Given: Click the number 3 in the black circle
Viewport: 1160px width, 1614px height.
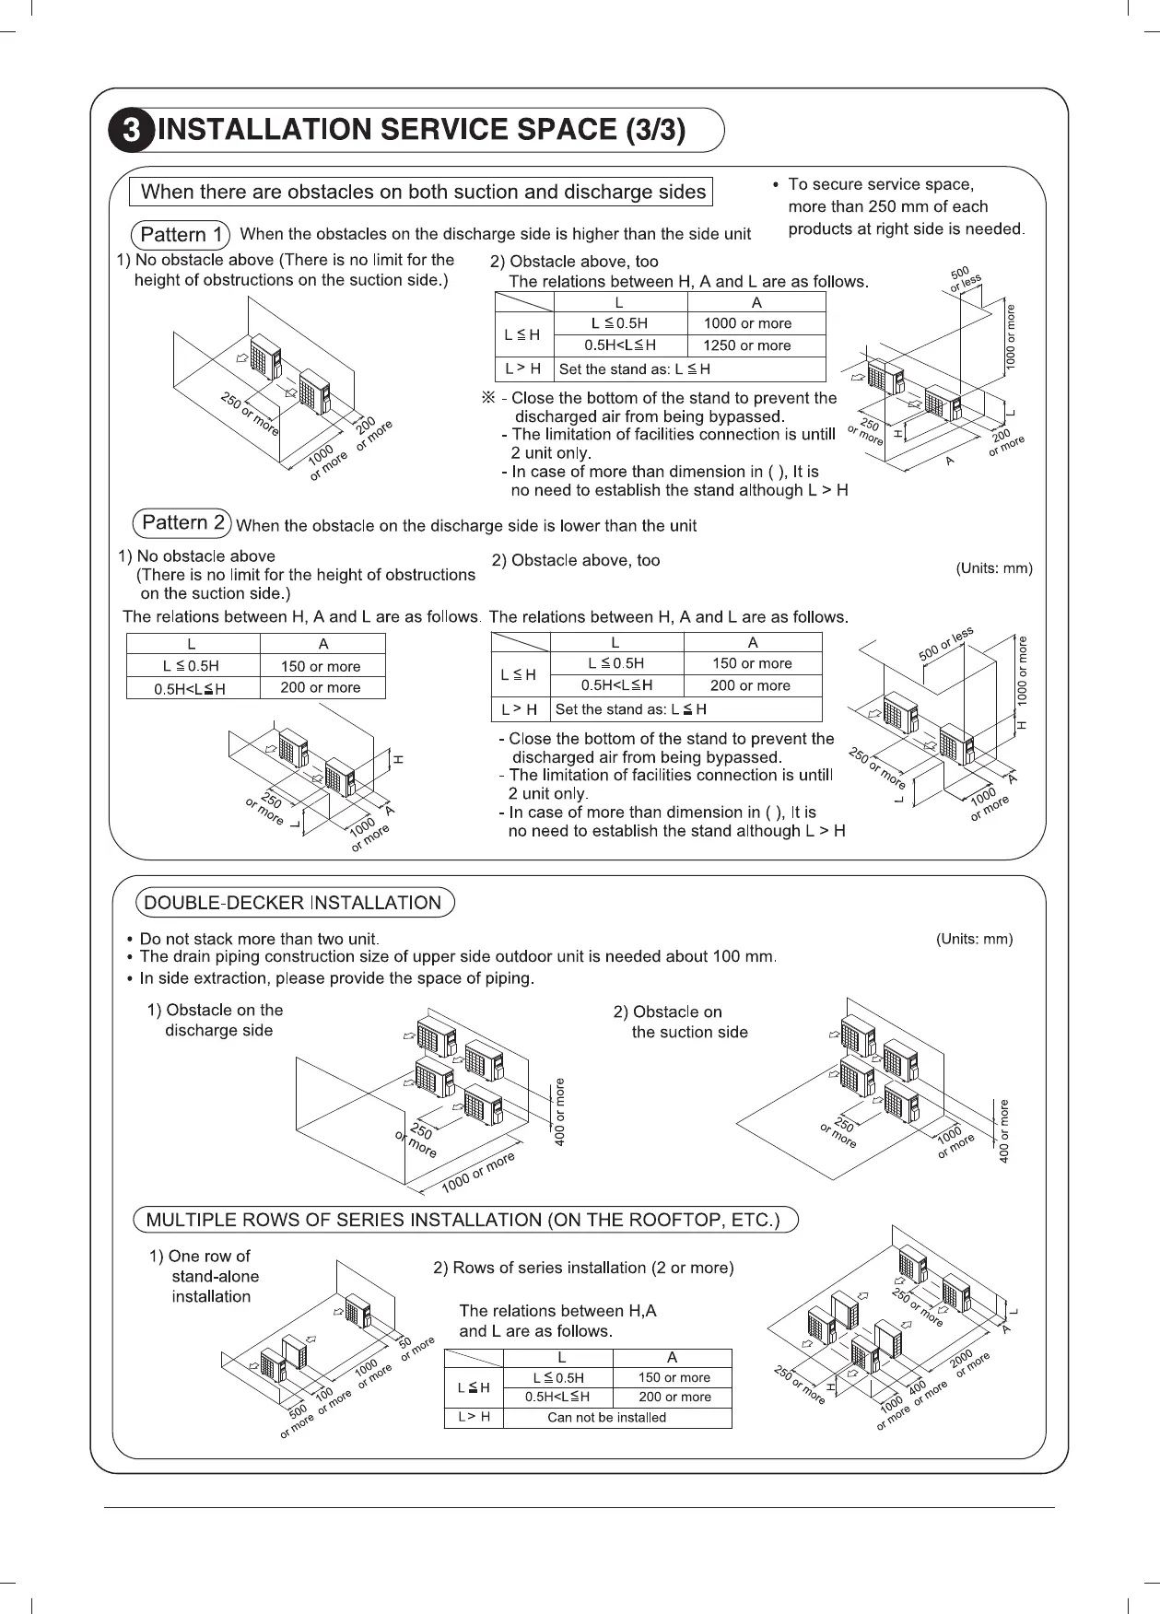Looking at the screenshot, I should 133,131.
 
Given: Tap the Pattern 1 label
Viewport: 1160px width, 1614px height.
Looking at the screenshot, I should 181,235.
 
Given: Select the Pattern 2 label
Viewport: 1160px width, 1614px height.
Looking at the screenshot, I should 182,523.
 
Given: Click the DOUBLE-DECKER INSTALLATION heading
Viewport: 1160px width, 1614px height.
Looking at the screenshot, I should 294,903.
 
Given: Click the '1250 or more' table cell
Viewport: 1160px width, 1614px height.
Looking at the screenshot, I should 746,345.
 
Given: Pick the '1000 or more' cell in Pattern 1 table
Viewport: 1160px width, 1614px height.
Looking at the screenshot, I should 746,323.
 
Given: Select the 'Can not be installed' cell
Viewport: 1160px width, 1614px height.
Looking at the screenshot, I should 606,1417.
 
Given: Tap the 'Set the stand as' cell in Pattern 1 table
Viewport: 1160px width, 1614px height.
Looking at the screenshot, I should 634,369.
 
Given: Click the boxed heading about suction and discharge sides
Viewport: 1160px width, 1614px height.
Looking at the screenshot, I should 424,192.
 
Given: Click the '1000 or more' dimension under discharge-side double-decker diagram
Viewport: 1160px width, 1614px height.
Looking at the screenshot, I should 477,1172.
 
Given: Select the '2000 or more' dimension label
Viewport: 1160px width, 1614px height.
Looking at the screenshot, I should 968,1363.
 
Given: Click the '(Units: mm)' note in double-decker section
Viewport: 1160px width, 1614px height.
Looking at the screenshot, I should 974,939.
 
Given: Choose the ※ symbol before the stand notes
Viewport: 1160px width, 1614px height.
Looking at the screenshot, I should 489,398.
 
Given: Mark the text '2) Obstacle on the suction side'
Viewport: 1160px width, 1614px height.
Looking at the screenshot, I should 680,1022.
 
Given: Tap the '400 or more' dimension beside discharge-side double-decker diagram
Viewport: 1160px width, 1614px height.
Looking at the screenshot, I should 560,1112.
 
